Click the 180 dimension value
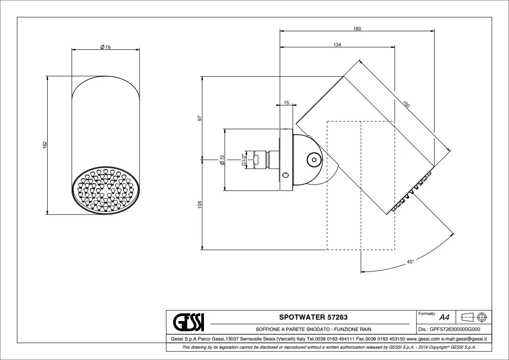357,29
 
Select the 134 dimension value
337,45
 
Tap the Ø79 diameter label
106,47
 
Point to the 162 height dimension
45,145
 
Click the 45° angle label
410,262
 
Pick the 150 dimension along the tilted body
406,104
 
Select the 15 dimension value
286,102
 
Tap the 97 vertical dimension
200,118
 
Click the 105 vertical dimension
200,204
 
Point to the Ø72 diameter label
222,160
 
